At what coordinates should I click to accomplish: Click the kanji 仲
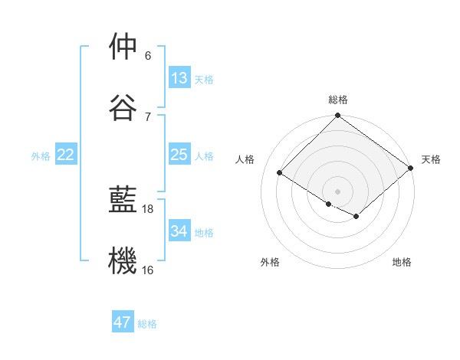(123, 47)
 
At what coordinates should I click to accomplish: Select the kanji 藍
(123, 200)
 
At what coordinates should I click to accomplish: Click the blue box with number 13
(179, 77)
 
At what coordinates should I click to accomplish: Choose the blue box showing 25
(179, 155)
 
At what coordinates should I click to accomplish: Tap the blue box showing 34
(179, 231)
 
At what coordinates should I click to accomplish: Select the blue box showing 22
(66, 155)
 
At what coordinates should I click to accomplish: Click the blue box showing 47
(123, 322)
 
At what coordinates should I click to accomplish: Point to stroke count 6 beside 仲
(148, 56)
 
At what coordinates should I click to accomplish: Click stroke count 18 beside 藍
(149, 208)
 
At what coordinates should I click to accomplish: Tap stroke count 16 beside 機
(148, 270)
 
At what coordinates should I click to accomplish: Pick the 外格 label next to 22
(41, 156)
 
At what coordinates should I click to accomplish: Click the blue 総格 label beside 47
(147, 324)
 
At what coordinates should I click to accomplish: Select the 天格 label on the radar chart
(431, 159)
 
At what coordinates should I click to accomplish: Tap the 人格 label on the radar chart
(245, 159)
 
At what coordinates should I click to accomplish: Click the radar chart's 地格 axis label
(402, 262)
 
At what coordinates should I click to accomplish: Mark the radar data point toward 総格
(338, 116)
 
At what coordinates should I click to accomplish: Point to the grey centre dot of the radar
(338, 191)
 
